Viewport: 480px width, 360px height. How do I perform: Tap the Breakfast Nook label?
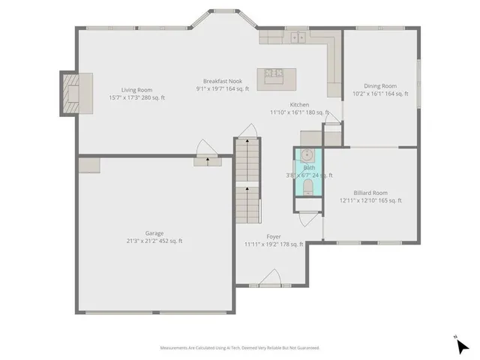tap(222, 81)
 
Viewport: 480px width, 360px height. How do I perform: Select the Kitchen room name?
tap(300, 105)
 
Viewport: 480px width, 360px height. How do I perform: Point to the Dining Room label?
tap(380, 85)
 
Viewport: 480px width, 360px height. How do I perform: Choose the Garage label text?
tap(154, 233)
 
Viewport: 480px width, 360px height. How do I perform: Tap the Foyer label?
tap(273, 236)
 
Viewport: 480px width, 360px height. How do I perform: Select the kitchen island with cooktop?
tap(271, 73)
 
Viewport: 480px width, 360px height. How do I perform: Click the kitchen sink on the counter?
tap(298, 36)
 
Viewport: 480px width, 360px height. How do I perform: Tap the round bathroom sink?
tap(307, 157)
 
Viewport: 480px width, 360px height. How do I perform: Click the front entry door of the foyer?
tap(269, 280)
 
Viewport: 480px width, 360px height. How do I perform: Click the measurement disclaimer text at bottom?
tap(240, 348)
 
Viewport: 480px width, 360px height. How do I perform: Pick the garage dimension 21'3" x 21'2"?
tap(154, 241)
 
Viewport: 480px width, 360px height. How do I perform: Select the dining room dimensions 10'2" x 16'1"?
tap(380, 94)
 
